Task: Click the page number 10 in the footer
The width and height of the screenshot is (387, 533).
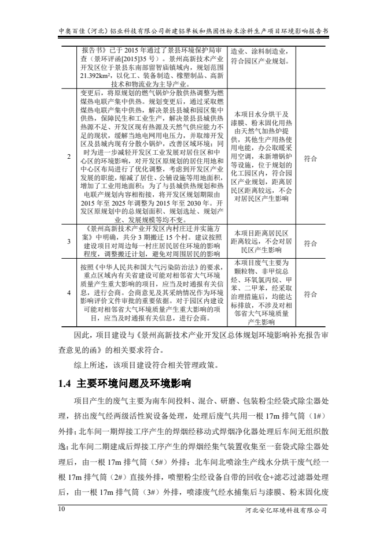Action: click(x=62, y=509)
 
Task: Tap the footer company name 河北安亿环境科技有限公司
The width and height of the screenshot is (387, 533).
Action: click(x=286, y=510)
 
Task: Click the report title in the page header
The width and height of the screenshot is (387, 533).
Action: click(x=194, y=30)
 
